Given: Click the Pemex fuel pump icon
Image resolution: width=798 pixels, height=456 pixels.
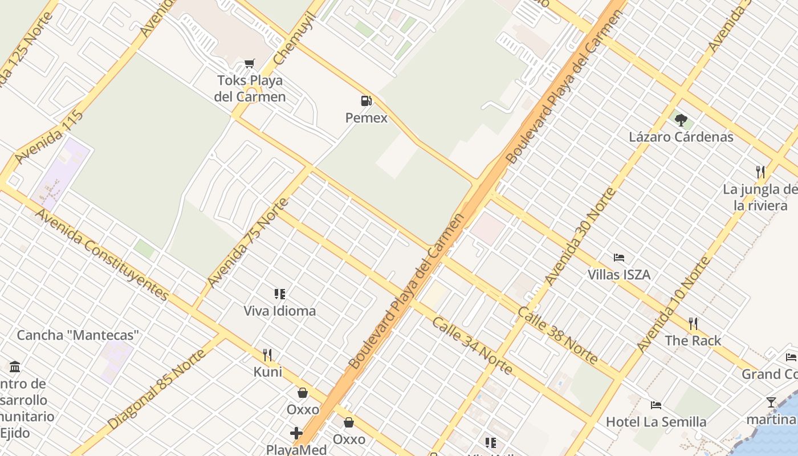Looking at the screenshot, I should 366,101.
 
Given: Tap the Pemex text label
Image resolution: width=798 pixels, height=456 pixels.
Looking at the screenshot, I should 366,118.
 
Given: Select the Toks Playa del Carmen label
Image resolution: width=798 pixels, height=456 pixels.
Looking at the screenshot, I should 250,88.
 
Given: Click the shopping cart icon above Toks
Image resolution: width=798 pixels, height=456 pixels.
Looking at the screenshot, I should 249,63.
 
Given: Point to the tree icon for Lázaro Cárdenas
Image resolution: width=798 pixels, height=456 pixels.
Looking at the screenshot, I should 681,120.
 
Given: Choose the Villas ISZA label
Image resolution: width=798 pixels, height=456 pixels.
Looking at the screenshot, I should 618,275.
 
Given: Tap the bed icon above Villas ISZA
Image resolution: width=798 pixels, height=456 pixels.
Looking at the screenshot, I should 618,258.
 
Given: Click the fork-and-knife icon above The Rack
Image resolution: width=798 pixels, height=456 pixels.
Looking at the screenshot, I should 693,324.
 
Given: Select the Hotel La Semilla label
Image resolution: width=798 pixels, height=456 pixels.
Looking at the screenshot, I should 655,422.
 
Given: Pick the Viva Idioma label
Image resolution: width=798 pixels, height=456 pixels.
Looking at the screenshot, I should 279,311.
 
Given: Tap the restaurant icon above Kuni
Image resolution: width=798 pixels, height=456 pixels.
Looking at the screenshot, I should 267,355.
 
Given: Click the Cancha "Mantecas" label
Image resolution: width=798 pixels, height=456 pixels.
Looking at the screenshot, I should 78,335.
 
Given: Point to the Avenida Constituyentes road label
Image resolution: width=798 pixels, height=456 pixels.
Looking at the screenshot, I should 103,255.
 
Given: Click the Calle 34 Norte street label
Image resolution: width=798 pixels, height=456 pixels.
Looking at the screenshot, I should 472,345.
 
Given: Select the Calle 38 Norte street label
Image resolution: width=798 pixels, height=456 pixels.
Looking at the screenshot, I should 558,336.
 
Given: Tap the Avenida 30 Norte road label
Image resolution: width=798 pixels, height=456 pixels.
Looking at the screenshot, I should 580,236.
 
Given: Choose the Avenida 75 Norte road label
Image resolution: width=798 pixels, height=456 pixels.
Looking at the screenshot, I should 248,242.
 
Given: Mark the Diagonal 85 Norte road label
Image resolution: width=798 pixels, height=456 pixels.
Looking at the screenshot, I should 157,389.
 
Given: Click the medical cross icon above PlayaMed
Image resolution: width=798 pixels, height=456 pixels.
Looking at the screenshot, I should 296,433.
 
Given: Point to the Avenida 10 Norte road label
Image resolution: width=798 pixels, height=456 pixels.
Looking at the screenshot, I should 674,304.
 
